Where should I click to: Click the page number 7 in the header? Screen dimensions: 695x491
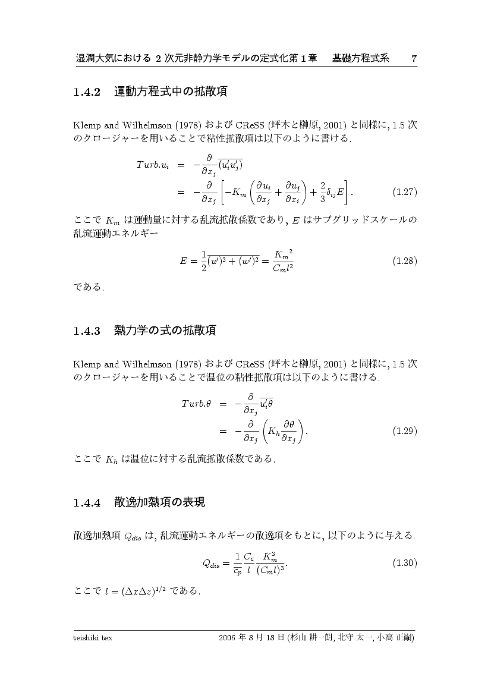tap(414, 58)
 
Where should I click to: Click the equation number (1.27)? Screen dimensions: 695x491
tap(405, 192)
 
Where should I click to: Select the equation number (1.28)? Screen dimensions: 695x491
tap(405, 261)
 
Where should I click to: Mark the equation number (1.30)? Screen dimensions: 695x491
tap(405, 562)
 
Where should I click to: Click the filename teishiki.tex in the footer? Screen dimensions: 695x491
tap(93, 638)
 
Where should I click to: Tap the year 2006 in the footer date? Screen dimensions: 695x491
tap(228, 638)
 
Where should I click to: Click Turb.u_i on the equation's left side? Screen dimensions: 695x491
tap(153, 165)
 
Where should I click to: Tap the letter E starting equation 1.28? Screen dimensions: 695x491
tap(184, 262)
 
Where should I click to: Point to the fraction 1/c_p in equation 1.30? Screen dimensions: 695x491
tap(237, 563)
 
